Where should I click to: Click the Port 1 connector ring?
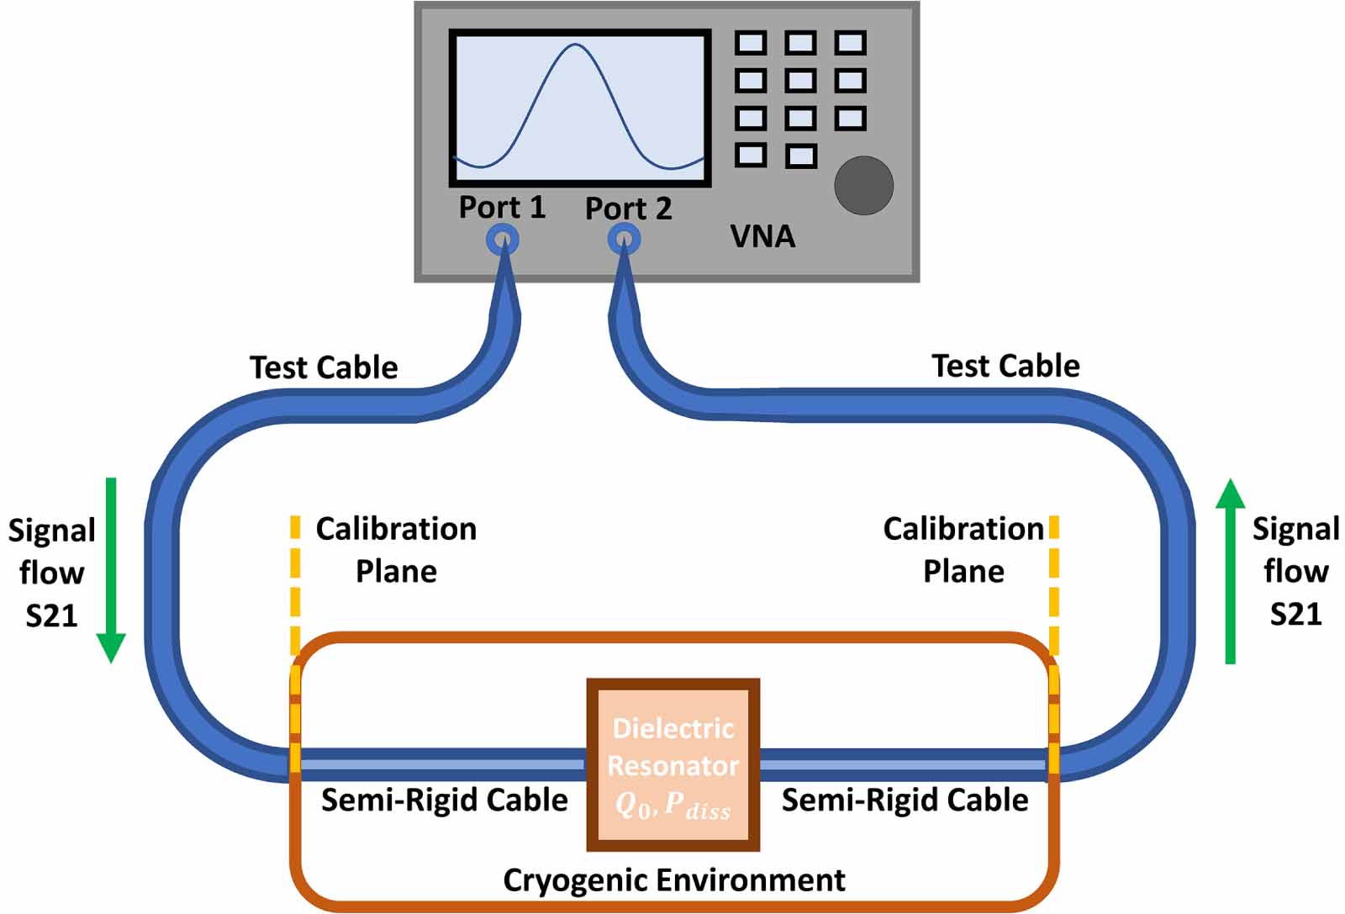click(503, 240)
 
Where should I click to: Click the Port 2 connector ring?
click(624, 240)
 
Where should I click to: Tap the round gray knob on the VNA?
click(863, 186)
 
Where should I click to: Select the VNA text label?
click(762, 236)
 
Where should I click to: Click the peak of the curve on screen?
click(575, 45)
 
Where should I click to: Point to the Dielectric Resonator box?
click(672, 763)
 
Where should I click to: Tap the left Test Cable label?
click(324, 367)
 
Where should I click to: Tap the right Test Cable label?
click(1005, 366)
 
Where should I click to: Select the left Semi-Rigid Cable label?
click(444, 800)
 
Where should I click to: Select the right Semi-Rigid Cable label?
click(905, 800)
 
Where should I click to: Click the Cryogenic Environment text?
click(673, 880)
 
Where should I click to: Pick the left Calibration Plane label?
click(396, 550)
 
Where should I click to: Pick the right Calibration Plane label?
click(963, 550)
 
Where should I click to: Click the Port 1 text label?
click(502, 208)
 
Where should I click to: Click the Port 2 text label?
click(628, 209)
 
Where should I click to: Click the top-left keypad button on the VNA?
click(751, 43)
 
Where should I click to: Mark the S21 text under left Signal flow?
click(51, 616)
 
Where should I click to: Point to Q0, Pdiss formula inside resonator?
click(672, 806)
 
